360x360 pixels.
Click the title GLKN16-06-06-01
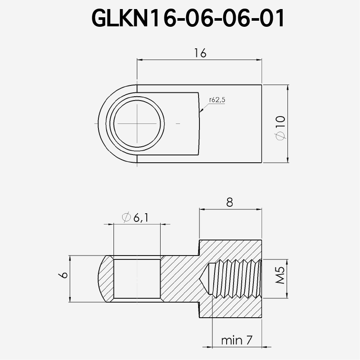tap(188, 18)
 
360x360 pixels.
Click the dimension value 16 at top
tap(200, 53)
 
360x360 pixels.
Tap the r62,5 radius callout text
tap(217, 100)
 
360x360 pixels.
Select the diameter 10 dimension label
tap(279, 127)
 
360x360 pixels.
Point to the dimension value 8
tap(229, 202)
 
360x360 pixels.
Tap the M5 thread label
tap(279, 275)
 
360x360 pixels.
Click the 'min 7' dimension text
tap(236, 341)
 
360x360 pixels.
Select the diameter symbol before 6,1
tap(126, 218)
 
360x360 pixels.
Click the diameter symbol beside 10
tap(279, 136)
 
